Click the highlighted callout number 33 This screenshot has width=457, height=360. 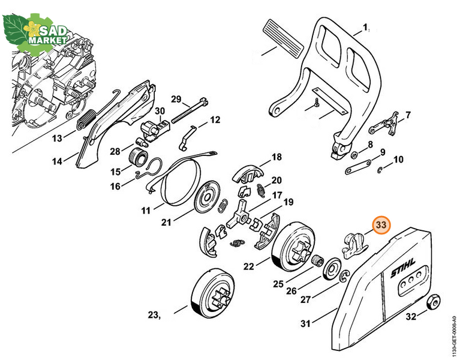381,225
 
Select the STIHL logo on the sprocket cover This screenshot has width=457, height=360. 403,268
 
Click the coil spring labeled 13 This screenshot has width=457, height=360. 86,119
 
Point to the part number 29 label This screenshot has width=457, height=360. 176,99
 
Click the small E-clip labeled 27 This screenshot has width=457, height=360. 344,277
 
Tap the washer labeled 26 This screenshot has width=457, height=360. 332,268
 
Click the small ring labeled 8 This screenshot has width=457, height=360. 354,155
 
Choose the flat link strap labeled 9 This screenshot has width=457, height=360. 358,167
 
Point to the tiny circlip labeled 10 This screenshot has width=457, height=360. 380,170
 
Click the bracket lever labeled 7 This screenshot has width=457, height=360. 385,124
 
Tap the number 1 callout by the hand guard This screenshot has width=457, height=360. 365,28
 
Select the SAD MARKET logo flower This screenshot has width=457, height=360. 32,28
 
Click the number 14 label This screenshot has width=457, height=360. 57,161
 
